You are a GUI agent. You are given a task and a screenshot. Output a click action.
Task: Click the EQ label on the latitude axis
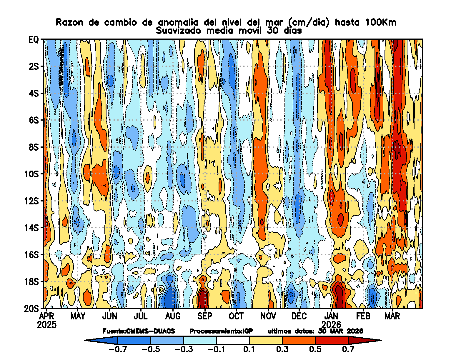click(33, 39)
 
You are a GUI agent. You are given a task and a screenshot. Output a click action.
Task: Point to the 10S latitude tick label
click(31, 174)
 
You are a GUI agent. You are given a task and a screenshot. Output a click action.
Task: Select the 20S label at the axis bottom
click(31, 309)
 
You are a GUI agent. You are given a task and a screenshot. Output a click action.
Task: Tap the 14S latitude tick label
click(31, 228)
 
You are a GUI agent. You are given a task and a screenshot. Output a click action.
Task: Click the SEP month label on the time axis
click(205, 316)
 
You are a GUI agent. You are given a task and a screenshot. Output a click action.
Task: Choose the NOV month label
click(268, 316)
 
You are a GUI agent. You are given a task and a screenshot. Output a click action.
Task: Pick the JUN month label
click(110, 316)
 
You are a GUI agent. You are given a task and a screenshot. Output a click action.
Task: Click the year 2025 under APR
click(47, 325)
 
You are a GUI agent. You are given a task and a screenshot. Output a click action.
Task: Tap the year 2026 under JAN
click(331, 325)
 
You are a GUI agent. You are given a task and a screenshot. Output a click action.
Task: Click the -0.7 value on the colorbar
click(118, 349)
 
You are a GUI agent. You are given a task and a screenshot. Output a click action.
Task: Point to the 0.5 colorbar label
click(315, 349)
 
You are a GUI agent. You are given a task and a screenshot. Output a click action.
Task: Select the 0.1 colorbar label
click(249, 349)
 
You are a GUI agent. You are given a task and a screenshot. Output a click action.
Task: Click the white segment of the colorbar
click(233, 340)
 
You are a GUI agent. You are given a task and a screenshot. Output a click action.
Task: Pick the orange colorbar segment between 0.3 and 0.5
click(299, 340)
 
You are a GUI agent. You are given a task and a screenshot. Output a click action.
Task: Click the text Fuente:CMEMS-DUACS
click(139, 331)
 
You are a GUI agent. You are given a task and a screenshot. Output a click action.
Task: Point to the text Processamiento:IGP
click(221, 331)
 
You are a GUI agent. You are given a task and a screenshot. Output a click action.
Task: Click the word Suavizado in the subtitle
click(178, 31)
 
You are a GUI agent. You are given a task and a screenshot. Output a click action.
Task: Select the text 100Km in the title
click(381, 22)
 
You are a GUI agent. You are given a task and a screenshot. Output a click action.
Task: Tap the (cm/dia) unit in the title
click(309, 22)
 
